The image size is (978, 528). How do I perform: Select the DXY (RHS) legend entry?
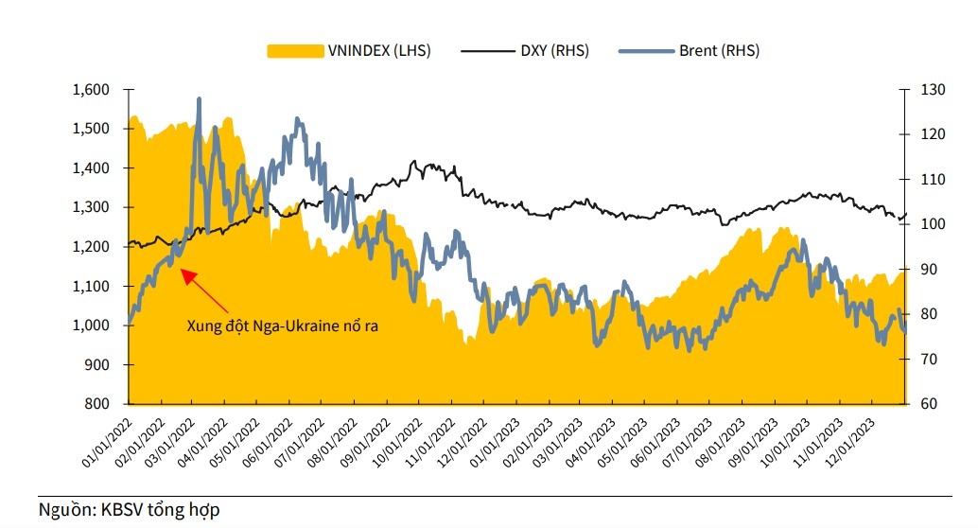(554, 51)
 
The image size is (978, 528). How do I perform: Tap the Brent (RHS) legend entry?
(717, 51)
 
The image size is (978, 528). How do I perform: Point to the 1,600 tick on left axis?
(92, 90)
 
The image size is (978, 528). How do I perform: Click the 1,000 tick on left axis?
(92, 326)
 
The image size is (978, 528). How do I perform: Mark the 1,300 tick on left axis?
(92, 207)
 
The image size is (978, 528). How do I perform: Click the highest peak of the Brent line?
(199, 98)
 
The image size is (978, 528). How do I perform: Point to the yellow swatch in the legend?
(295, 51)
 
